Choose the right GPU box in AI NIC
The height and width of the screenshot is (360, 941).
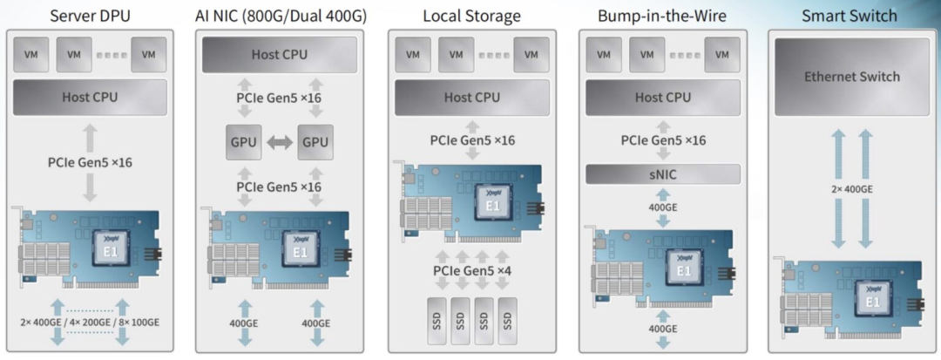click(x=315, y=142)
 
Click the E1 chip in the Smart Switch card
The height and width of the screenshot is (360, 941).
click(x=871, y=301)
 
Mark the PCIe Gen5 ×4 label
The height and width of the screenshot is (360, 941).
click(x=471, y=271)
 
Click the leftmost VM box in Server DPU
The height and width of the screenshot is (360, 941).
click(x=33, y=55)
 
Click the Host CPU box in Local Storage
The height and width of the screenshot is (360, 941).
click(x=471, y=98)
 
